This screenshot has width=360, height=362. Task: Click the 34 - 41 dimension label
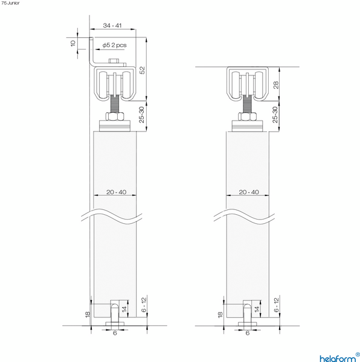(x=112, y=26)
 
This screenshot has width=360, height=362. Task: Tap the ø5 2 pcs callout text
(x=115, y=45)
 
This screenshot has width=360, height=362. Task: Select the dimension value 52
(x=143, y=70)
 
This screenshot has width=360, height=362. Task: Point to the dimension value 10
(x=73, y=43)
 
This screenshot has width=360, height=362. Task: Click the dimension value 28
(x=275, y=86)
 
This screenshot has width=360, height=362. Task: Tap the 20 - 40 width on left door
(x=115, y=192)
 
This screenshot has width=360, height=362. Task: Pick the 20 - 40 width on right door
(x=248, y=192)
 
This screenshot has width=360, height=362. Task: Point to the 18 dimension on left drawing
(x=88, y=314)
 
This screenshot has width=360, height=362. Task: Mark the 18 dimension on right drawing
(x=220, y=314)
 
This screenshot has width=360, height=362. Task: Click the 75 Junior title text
(x=10, y=3)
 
